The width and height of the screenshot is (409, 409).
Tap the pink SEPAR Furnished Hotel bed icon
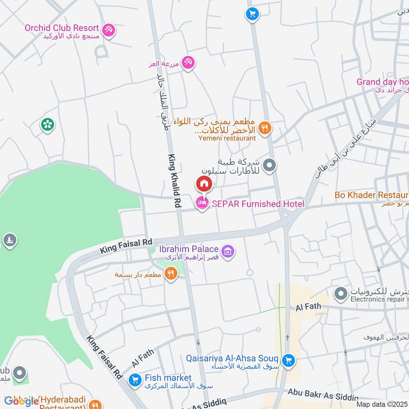pos(202,204)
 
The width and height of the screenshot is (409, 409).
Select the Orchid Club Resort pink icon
pos(108,30)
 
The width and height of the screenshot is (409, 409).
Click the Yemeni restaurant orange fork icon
pos(264,128)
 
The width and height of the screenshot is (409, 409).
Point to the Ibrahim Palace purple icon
pos(229,251)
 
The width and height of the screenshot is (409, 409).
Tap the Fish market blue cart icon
pos(135,380)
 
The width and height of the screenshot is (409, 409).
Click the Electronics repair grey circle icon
pos(340,294)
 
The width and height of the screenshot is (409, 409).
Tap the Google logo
pos(21,401)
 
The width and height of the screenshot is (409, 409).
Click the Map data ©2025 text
pos(382,404)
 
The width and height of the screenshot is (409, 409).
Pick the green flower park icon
pos(48,124)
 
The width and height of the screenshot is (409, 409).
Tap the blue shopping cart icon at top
pos(251,14)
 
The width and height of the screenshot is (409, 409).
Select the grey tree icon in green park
pos(9,240)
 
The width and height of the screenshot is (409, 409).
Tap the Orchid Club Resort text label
pos(61,28)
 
